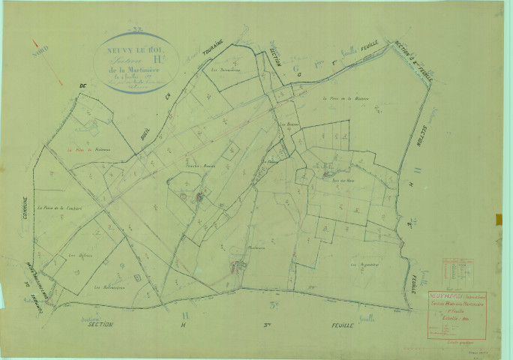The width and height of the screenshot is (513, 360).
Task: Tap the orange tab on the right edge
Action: [499, 219]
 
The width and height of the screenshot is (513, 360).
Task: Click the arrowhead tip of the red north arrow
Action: [61, 84]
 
